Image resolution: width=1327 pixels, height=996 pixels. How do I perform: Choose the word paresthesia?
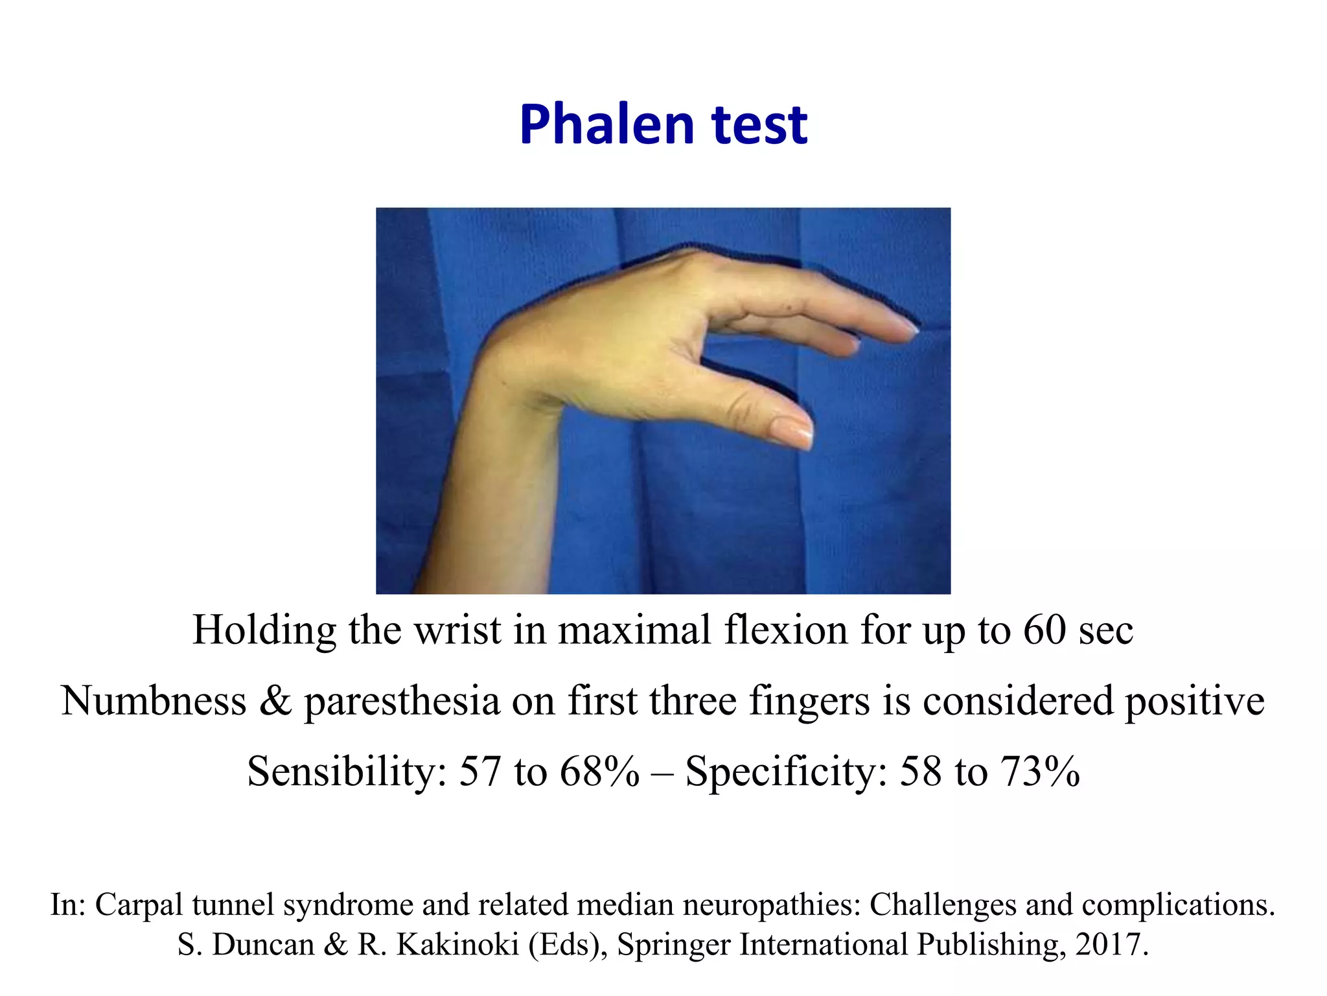402,701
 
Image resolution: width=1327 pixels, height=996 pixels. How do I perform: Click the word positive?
1194,701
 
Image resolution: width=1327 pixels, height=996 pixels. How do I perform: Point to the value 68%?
599,772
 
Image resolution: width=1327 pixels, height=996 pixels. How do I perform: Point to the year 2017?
1111,945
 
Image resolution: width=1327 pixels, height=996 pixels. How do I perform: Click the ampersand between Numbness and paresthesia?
275,701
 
